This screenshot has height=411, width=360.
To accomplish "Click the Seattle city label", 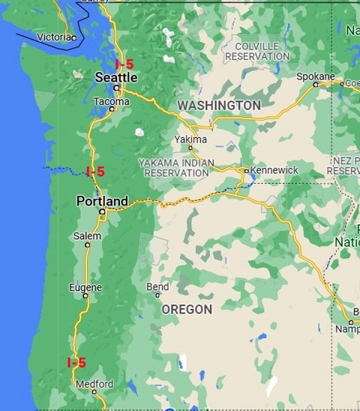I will click(x=116, y=77).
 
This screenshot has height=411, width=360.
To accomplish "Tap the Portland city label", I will click(x=102, y=201).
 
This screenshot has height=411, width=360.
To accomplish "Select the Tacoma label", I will click(x=112, y=101).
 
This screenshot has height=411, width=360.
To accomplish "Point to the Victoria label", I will click(x=54, y=37).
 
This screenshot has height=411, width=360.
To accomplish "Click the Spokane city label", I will click(x=315, y=76).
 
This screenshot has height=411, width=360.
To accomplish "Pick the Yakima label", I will click(x=190, y=139).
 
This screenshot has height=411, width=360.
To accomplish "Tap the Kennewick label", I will click(x=274, y=170).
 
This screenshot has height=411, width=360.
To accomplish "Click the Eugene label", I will click(x=85, y=287).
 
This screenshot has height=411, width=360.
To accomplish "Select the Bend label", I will click(x=157, y=286).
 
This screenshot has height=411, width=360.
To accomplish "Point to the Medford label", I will click(x=94, y=384).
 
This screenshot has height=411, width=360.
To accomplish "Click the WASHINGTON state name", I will click(x=218, y=106).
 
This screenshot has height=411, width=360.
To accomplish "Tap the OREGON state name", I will click(x=187, y=309).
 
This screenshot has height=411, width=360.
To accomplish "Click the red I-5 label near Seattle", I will click(x=124, y=64).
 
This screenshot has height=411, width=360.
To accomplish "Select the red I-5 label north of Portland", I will click(x=95, y=172).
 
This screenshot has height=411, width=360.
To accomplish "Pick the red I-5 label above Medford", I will click(x=76, y=363).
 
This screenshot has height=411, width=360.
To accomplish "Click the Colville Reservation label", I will click(x=252, y=51).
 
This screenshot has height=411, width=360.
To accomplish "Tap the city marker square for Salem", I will click(x=88, y=244).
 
